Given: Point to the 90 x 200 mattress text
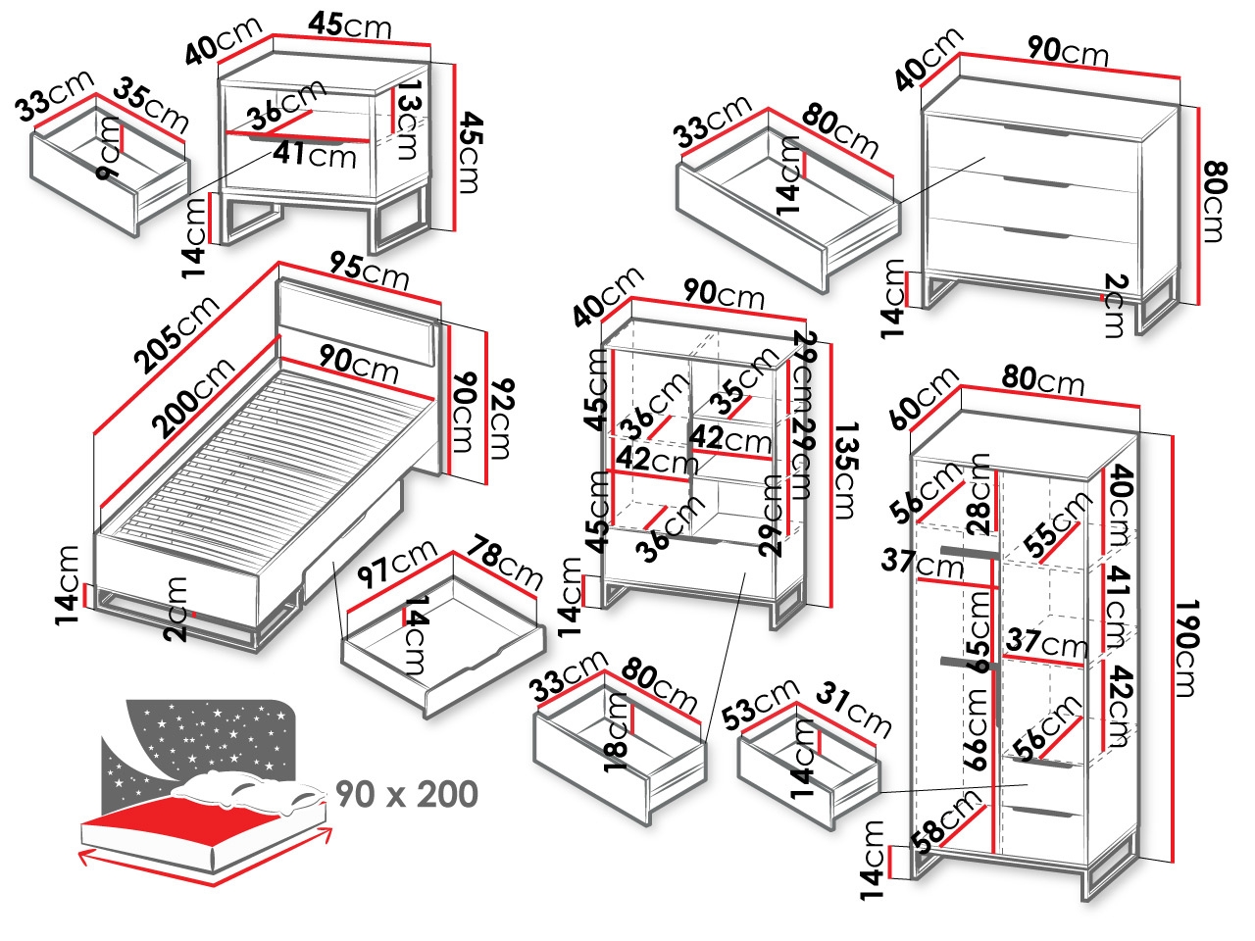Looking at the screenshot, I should click(x=406, y=794).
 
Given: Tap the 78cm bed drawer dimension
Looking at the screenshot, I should click(x=504, y=563).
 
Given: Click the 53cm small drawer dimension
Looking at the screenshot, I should click(x=758, y=705).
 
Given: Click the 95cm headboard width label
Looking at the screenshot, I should click(x=369, y=270).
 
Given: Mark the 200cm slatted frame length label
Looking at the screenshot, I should click(x=194, y=398).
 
